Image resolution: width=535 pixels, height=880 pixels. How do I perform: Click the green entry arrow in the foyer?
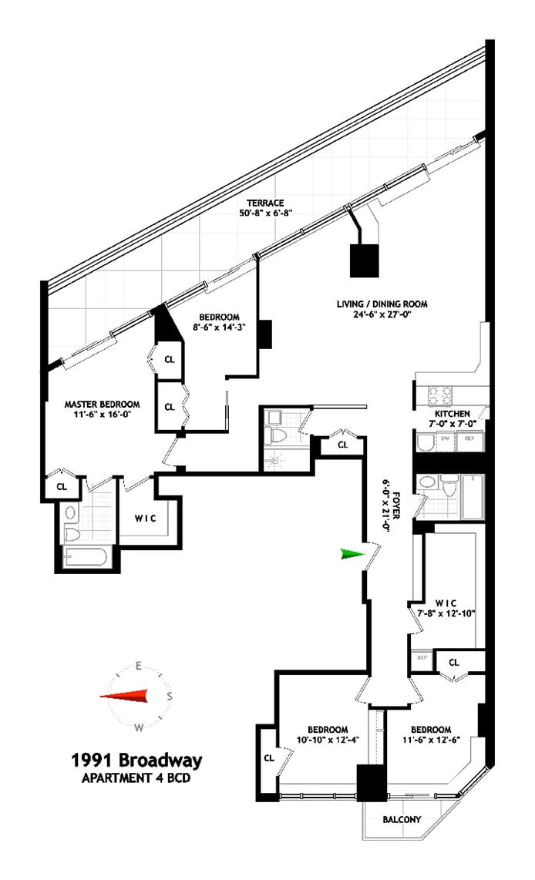(x=352, y=553)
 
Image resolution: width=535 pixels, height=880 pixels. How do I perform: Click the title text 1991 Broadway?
(x=136, y=761)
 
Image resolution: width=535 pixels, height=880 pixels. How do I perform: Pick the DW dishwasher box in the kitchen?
(x=445, y=438)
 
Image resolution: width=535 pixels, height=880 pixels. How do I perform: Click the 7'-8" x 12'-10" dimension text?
(x=445, y=613)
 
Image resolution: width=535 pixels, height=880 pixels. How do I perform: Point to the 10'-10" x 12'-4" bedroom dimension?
(x=328, y=741)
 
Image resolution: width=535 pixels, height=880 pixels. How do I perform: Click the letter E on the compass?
(x=138, y=666)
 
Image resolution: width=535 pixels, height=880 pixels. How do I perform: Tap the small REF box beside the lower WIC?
(x=422, y=657)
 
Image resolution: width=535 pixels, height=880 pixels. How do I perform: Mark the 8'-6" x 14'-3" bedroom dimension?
(x=219, y=327)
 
